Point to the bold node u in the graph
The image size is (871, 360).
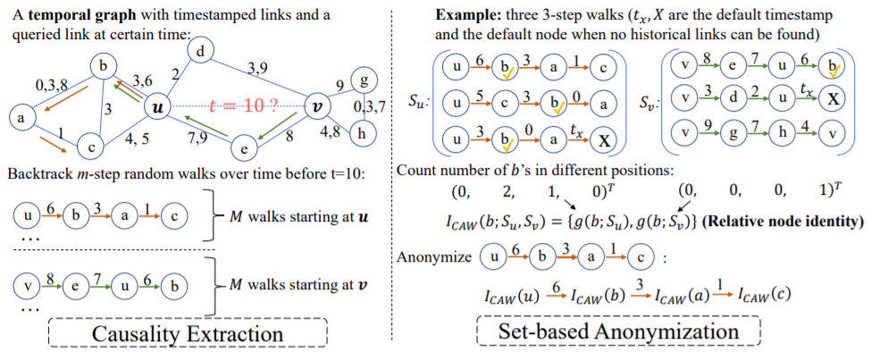158,107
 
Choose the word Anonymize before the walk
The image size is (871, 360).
433,257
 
